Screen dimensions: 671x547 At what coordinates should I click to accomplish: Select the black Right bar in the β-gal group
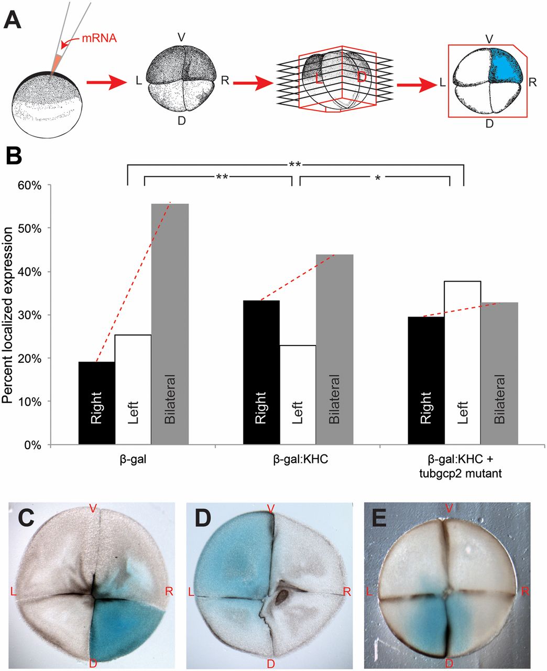click(x=96, y=403)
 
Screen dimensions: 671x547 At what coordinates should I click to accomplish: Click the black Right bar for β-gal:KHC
click(x=261, y=373)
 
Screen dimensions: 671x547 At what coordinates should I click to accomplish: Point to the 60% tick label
click(x=30, y=185)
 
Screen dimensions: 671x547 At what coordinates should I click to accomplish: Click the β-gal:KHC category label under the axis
click(x=298, y=459)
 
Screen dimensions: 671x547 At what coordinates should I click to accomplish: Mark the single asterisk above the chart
click(x=377, y=178)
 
